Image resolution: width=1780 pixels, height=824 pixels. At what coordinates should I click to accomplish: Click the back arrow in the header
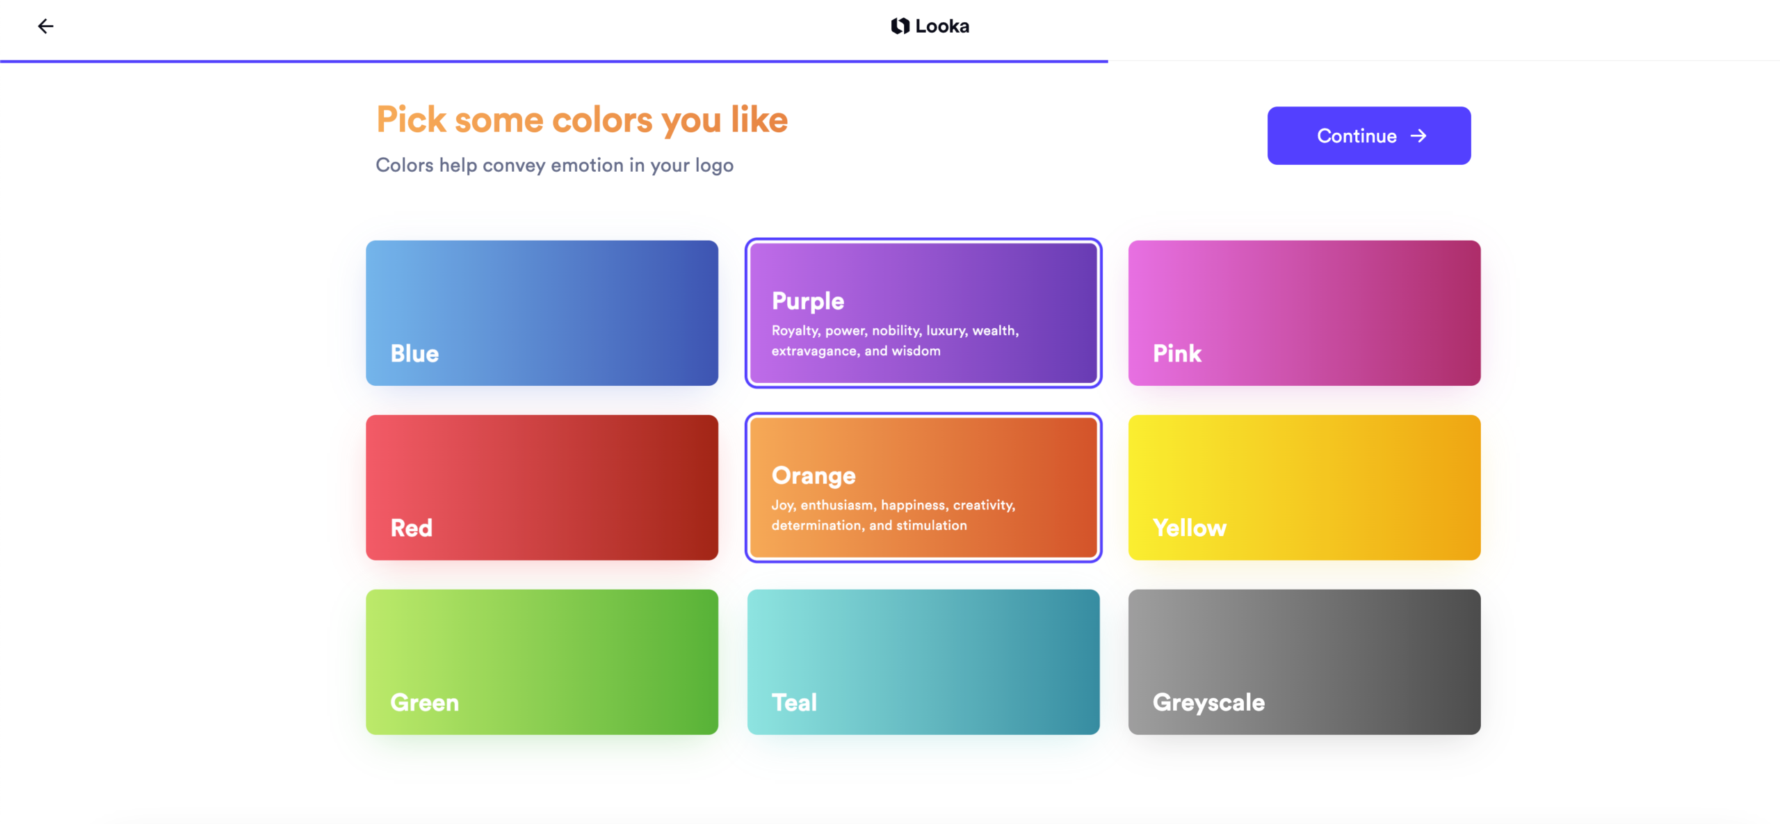[46, 26]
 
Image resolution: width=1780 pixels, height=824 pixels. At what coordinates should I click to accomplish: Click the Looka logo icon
[900, 26]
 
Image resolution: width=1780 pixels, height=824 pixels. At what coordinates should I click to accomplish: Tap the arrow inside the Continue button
[1418, 136]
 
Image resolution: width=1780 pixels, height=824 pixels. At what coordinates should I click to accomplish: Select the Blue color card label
[414, 353]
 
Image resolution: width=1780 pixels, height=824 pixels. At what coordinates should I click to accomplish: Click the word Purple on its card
[807, 301]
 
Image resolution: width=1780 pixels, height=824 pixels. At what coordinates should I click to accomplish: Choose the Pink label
[1176, 353]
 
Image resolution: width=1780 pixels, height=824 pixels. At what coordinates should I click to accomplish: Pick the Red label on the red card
[411, 528]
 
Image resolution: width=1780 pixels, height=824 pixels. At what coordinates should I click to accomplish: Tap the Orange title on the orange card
[813, 476]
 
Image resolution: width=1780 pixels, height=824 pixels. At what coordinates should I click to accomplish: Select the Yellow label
[1189, 528]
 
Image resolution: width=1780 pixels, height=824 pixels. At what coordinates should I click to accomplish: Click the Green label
[424, 702]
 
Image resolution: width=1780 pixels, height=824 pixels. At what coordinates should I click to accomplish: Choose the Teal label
[794, 702]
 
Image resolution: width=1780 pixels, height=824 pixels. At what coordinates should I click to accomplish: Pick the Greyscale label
[1208, 702]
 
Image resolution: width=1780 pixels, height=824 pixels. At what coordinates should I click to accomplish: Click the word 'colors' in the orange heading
[602, 120]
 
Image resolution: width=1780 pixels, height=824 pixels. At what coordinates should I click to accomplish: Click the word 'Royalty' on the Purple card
[795, 331]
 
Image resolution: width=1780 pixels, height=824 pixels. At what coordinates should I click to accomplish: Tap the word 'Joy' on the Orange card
[782, 506]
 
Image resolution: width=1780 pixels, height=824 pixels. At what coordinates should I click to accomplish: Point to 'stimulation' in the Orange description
[931, 526]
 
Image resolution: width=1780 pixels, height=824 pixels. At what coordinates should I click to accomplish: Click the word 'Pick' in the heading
[411, 120]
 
